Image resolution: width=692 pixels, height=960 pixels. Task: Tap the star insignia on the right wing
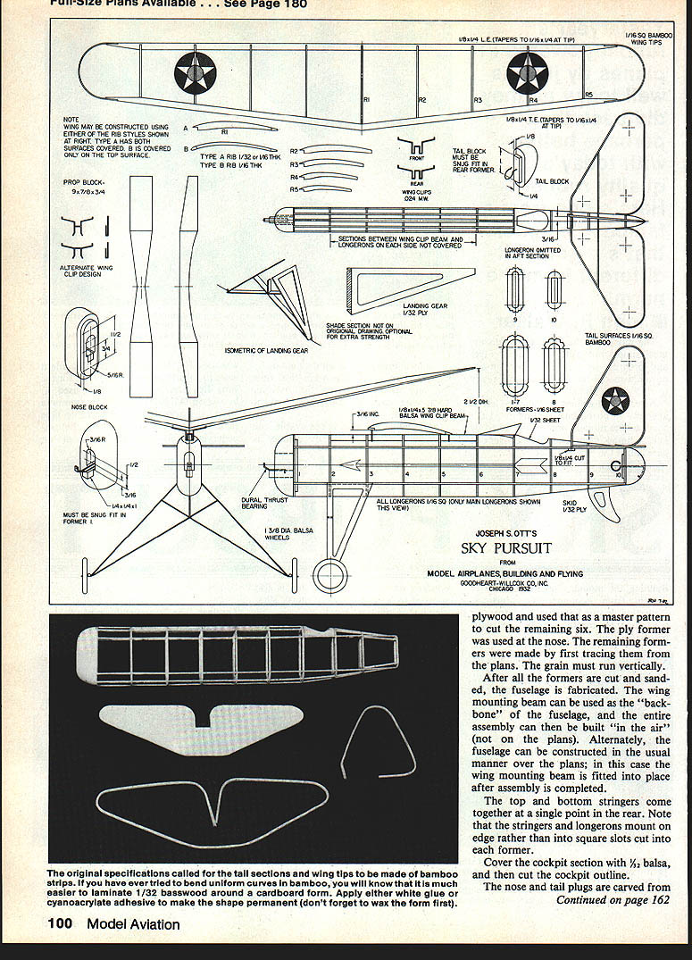point(527,72)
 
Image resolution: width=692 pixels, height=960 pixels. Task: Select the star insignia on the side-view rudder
point(614,401)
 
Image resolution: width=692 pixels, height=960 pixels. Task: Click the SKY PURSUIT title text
point(505,547)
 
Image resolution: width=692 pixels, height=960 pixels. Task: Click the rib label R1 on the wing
point(367,99)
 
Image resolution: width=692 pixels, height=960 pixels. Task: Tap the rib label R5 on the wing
point(588,94)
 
